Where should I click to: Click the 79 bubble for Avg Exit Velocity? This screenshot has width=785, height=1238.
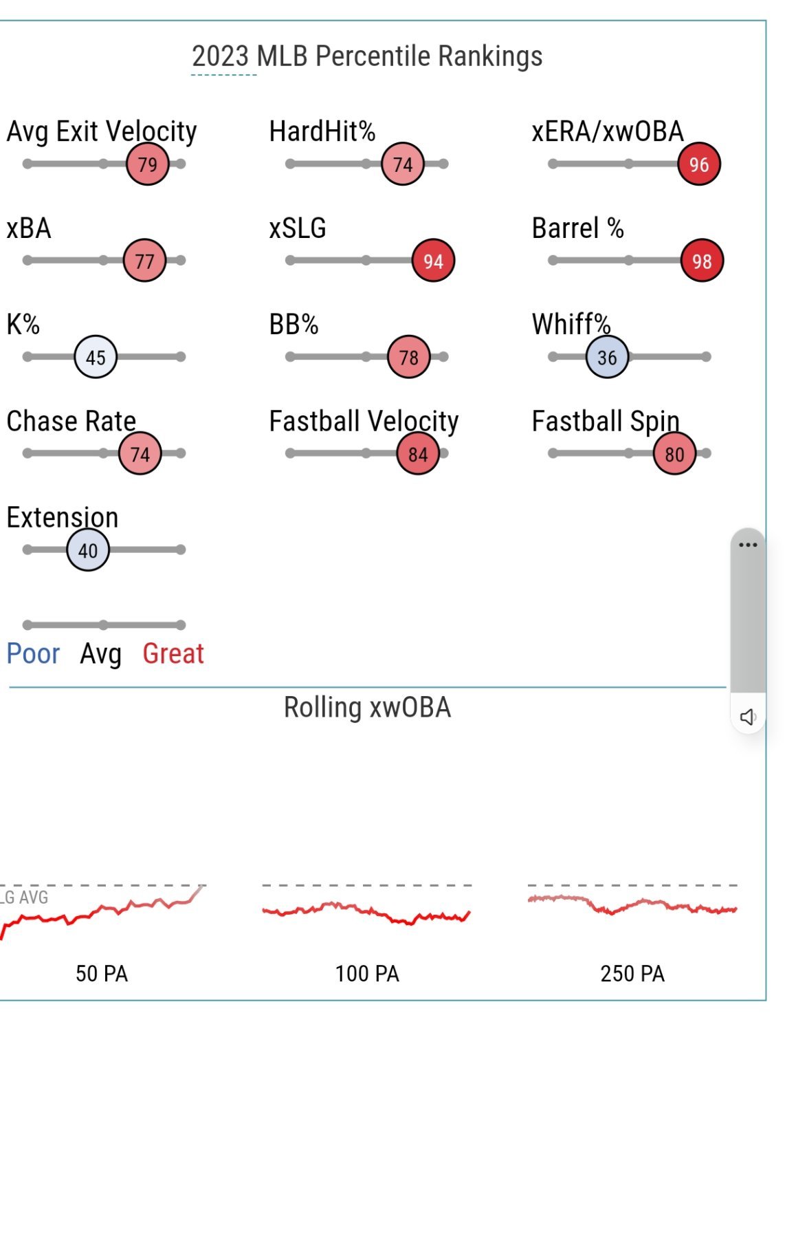[147, 164]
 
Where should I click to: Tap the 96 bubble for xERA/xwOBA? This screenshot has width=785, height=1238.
[698, 164]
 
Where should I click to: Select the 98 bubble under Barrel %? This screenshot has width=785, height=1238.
[701, 261]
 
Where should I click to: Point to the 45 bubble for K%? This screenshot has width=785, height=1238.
[96, 357]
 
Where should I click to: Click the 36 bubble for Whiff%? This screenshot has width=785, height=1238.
[606, 357]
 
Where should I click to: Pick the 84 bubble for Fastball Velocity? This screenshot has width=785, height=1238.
[417, 454]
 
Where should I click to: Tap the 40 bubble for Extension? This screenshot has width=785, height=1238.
[87, 550]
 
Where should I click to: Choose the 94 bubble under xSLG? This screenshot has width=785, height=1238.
[433, 261]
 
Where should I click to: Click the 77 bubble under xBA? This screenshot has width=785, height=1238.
[144, 261]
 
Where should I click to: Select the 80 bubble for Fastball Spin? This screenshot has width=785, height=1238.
[674, 454]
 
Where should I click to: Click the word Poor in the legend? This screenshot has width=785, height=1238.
[33, 653]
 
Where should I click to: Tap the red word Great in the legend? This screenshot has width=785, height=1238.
[173, 653]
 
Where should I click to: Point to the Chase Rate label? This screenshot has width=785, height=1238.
[71, 421]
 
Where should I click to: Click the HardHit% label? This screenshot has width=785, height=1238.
[322, 131]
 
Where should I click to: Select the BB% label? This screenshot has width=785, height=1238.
[294, 325]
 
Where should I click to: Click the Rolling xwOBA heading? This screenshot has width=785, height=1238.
[367, 708]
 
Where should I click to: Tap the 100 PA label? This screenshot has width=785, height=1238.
[367, 974]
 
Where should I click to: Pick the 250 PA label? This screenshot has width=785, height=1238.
[632, 974]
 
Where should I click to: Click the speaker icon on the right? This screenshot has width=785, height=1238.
[747, 717]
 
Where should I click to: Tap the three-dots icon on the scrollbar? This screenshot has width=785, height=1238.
[747, 545]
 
